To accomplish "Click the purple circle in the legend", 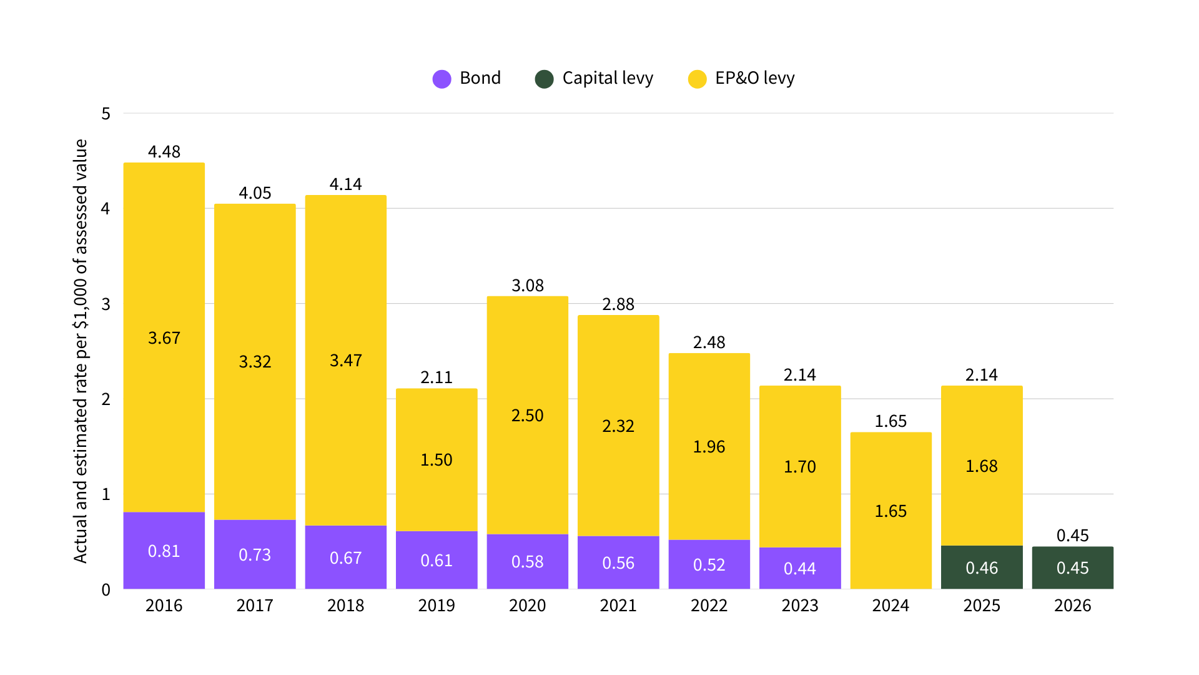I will (x=442, y=79).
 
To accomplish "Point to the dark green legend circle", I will (x=544, y=79).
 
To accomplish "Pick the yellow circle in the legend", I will (x=697, y=79).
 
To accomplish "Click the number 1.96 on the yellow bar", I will (x=709, y=447).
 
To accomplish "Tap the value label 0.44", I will (x=799, y=569).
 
